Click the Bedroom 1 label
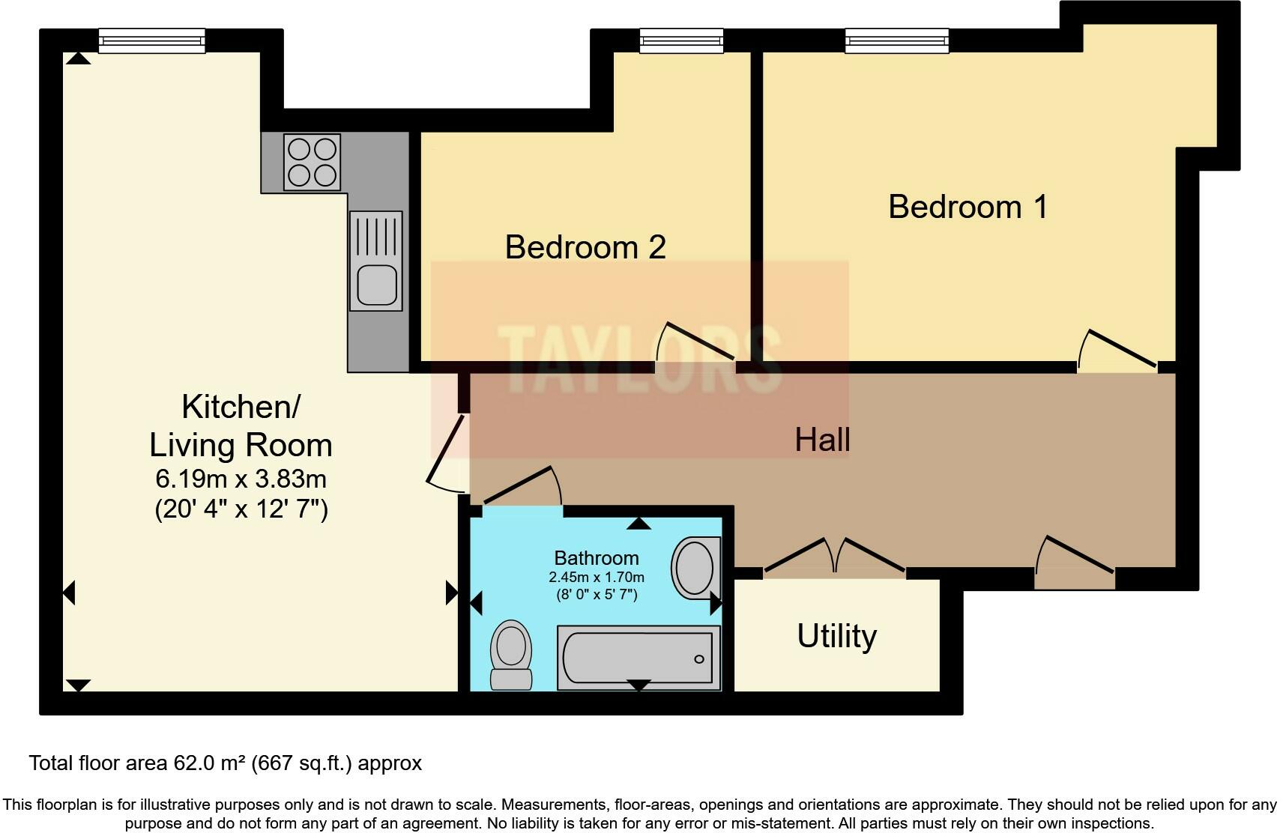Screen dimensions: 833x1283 tap(967, 207)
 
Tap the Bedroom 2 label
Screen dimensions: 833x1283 tap(585, 247)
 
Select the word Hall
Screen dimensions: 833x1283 tap(822, 440)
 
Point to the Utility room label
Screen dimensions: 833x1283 tap(836, 636)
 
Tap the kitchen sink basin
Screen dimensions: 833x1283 tap(376, 285)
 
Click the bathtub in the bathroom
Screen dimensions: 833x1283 tap(638, 658)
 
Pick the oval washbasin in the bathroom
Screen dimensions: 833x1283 tap(695, 568)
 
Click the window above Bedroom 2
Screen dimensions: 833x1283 tap(681, 40)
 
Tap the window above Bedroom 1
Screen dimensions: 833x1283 tap(896, 40)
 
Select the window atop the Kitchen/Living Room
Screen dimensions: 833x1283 tap(151, 40)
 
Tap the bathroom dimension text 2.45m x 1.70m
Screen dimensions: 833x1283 tap(596, 578)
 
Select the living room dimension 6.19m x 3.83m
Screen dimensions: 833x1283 tap(241, 478)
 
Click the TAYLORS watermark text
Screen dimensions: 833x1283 tap(639, 360)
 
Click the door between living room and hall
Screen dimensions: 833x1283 tap(448, 454)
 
